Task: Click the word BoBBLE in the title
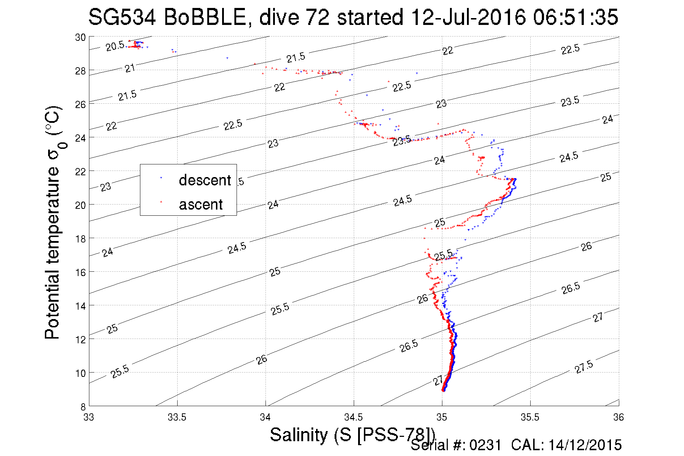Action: coord(205,17)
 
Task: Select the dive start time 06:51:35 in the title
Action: coord(575,17)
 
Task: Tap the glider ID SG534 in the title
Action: coord(122,17)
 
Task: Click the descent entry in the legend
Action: coord(205,180)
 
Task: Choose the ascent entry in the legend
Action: coord(201,205)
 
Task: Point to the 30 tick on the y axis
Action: coord(80,37)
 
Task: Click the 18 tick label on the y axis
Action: coord(80,238)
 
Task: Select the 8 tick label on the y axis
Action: coord(83,406)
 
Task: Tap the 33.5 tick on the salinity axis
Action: coord(177,417)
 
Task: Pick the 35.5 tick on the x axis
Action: coord(530,417)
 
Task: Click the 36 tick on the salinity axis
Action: coord(618,417)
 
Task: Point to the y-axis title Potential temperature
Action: coord(52,253)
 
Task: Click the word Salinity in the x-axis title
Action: coord(298,435)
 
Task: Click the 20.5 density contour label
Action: coord(115,46)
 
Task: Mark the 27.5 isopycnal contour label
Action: coord(584,367)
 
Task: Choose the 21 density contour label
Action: coord(130,68)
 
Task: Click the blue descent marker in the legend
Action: coord(161,178)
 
